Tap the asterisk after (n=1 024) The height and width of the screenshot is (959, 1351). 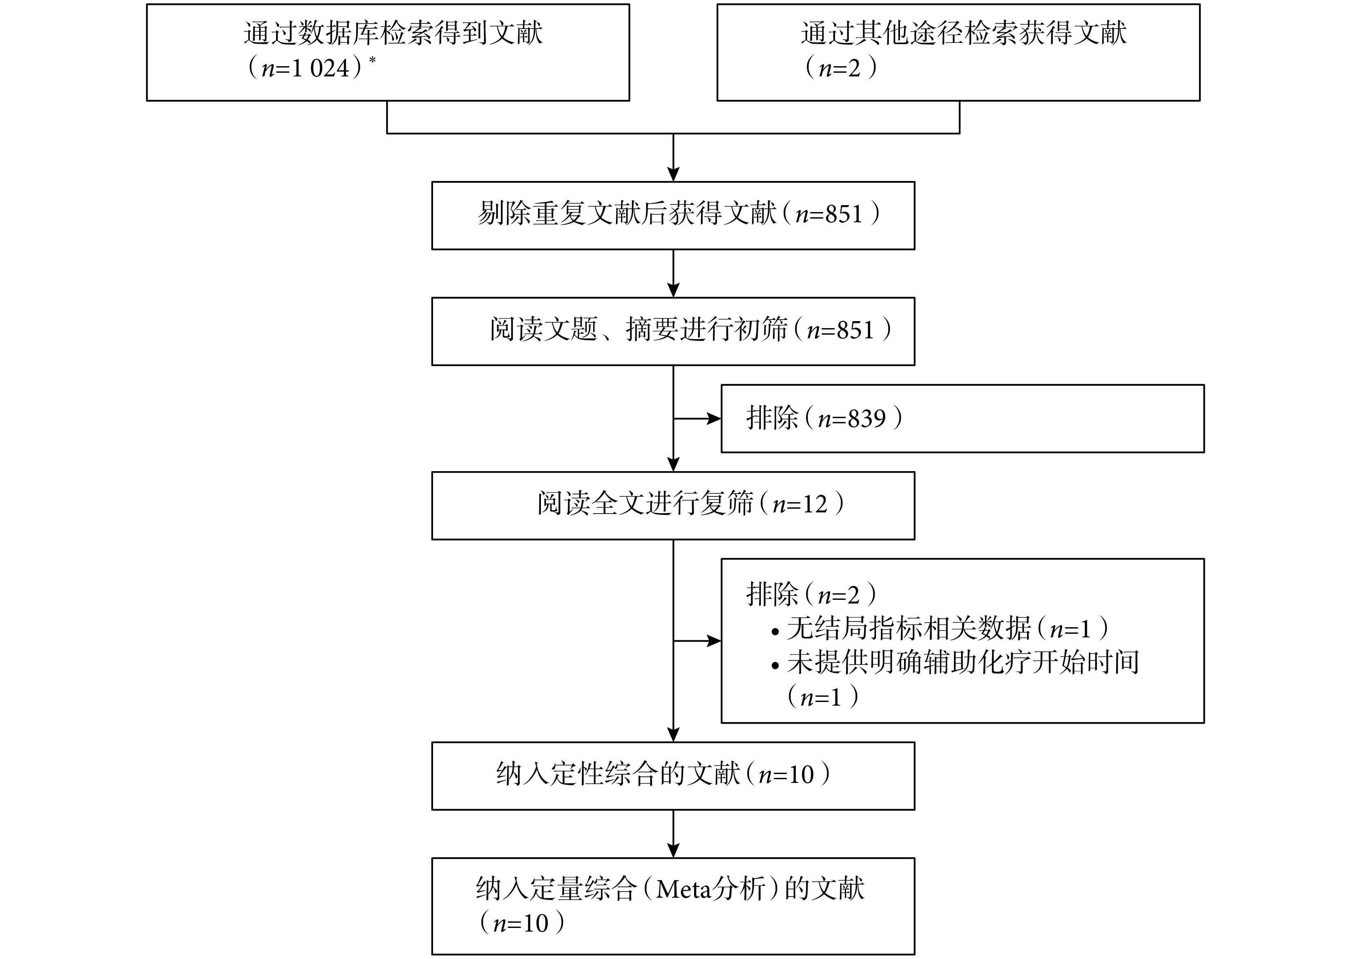click(x=372, y=60)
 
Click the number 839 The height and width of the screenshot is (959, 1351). click(x=867, y=419)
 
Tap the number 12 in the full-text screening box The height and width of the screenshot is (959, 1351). click(x=815, y=504)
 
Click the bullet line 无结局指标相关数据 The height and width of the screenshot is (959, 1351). click(x=940, y=629)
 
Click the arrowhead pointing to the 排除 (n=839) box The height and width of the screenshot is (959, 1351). click(x=714, y=419)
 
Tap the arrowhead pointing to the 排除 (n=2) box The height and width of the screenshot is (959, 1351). click(x=714, y=641)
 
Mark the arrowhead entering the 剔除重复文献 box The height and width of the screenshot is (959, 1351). click(x=673, y=174)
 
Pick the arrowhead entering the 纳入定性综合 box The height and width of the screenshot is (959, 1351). click(x=673, y=735)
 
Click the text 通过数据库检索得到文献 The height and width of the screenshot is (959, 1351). click(x=393, y=33)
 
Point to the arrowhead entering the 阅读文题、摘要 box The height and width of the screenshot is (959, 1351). click(x=673, y=290)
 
